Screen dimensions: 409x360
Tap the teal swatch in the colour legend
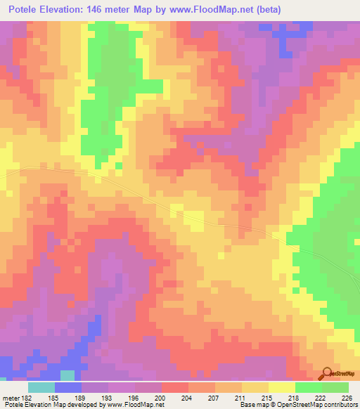coord(41,387)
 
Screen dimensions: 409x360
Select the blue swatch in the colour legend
coord(68,387)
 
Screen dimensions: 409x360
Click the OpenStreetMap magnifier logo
coord(327,373)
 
